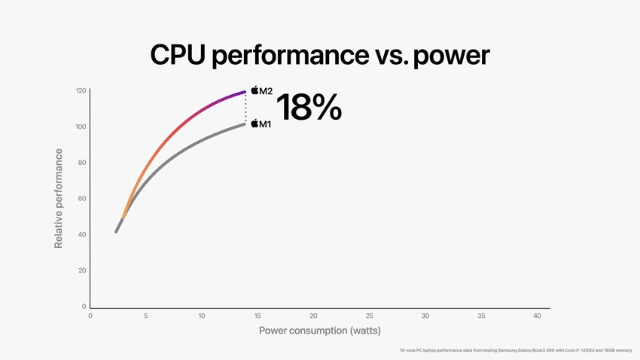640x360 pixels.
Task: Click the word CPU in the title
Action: click(179, 55)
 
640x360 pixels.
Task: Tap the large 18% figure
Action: click(309, 108)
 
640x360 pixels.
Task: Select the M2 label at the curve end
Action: click(266, 91)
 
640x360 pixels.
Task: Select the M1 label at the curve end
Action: click(265, 124)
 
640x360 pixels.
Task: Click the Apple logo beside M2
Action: click(255, 90)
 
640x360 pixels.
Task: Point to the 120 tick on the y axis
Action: click(81, 91)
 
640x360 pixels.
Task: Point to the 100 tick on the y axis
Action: click(81, 127)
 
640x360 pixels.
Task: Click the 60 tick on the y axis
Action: click(82, 199)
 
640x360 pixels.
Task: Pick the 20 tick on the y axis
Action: click(82, 270)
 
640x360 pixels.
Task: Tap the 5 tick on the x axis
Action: click(146, 316)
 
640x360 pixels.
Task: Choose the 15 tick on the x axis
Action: click(258, 316)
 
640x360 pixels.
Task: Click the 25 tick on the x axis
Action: click(369, 316)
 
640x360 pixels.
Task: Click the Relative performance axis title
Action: click(59, 198)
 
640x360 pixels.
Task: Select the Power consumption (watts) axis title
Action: click(319, 331)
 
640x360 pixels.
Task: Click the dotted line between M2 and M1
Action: click(245, 108)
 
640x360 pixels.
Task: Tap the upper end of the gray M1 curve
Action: click(244, 124)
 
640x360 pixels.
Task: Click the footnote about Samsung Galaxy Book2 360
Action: click(516, 350)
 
